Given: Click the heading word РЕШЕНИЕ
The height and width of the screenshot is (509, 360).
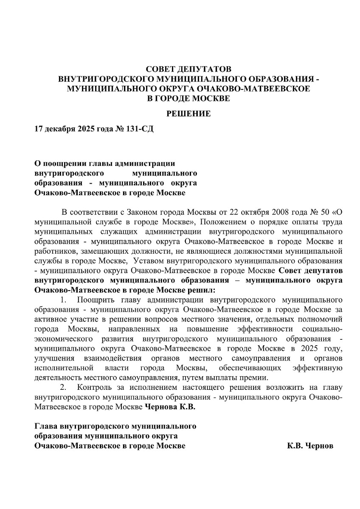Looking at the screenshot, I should [x=188, y=114].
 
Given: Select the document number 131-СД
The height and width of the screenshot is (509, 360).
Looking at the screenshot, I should [x=140, y=129].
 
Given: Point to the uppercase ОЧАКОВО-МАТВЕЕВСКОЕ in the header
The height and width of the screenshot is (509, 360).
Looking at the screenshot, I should [x=250, y=89].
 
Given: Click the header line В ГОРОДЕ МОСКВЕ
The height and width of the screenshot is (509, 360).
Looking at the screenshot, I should [x=188, y=98].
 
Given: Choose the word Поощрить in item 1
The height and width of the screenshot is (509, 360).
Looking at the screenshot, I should [x=96, y=300].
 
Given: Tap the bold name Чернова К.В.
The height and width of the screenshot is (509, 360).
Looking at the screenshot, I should [x=170, y=407].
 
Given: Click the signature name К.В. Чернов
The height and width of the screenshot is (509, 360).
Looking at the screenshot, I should [x=310, y=446].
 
